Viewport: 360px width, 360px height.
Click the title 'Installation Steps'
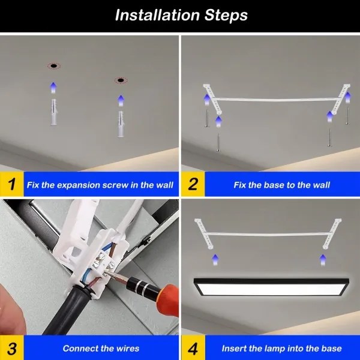181,15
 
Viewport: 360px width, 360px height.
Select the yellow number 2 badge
193,184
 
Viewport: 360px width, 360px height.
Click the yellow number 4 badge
193,347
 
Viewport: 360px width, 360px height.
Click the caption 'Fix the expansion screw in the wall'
100,185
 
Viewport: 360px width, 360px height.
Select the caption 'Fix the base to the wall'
281,185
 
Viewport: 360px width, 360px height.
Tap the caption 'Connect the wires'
101,348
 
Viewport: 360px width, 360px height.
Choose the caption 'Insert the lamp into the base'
281,348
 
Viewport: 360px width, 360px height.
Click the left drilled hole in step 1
53,65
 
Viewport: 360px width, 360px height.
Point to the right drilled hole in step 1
121,79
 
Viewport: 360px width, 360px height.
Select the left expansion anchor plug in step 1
53,112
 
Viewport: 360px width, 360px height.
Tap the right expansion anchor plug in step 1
121,124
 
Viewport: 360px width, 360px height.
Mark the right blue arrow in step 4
323,259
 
